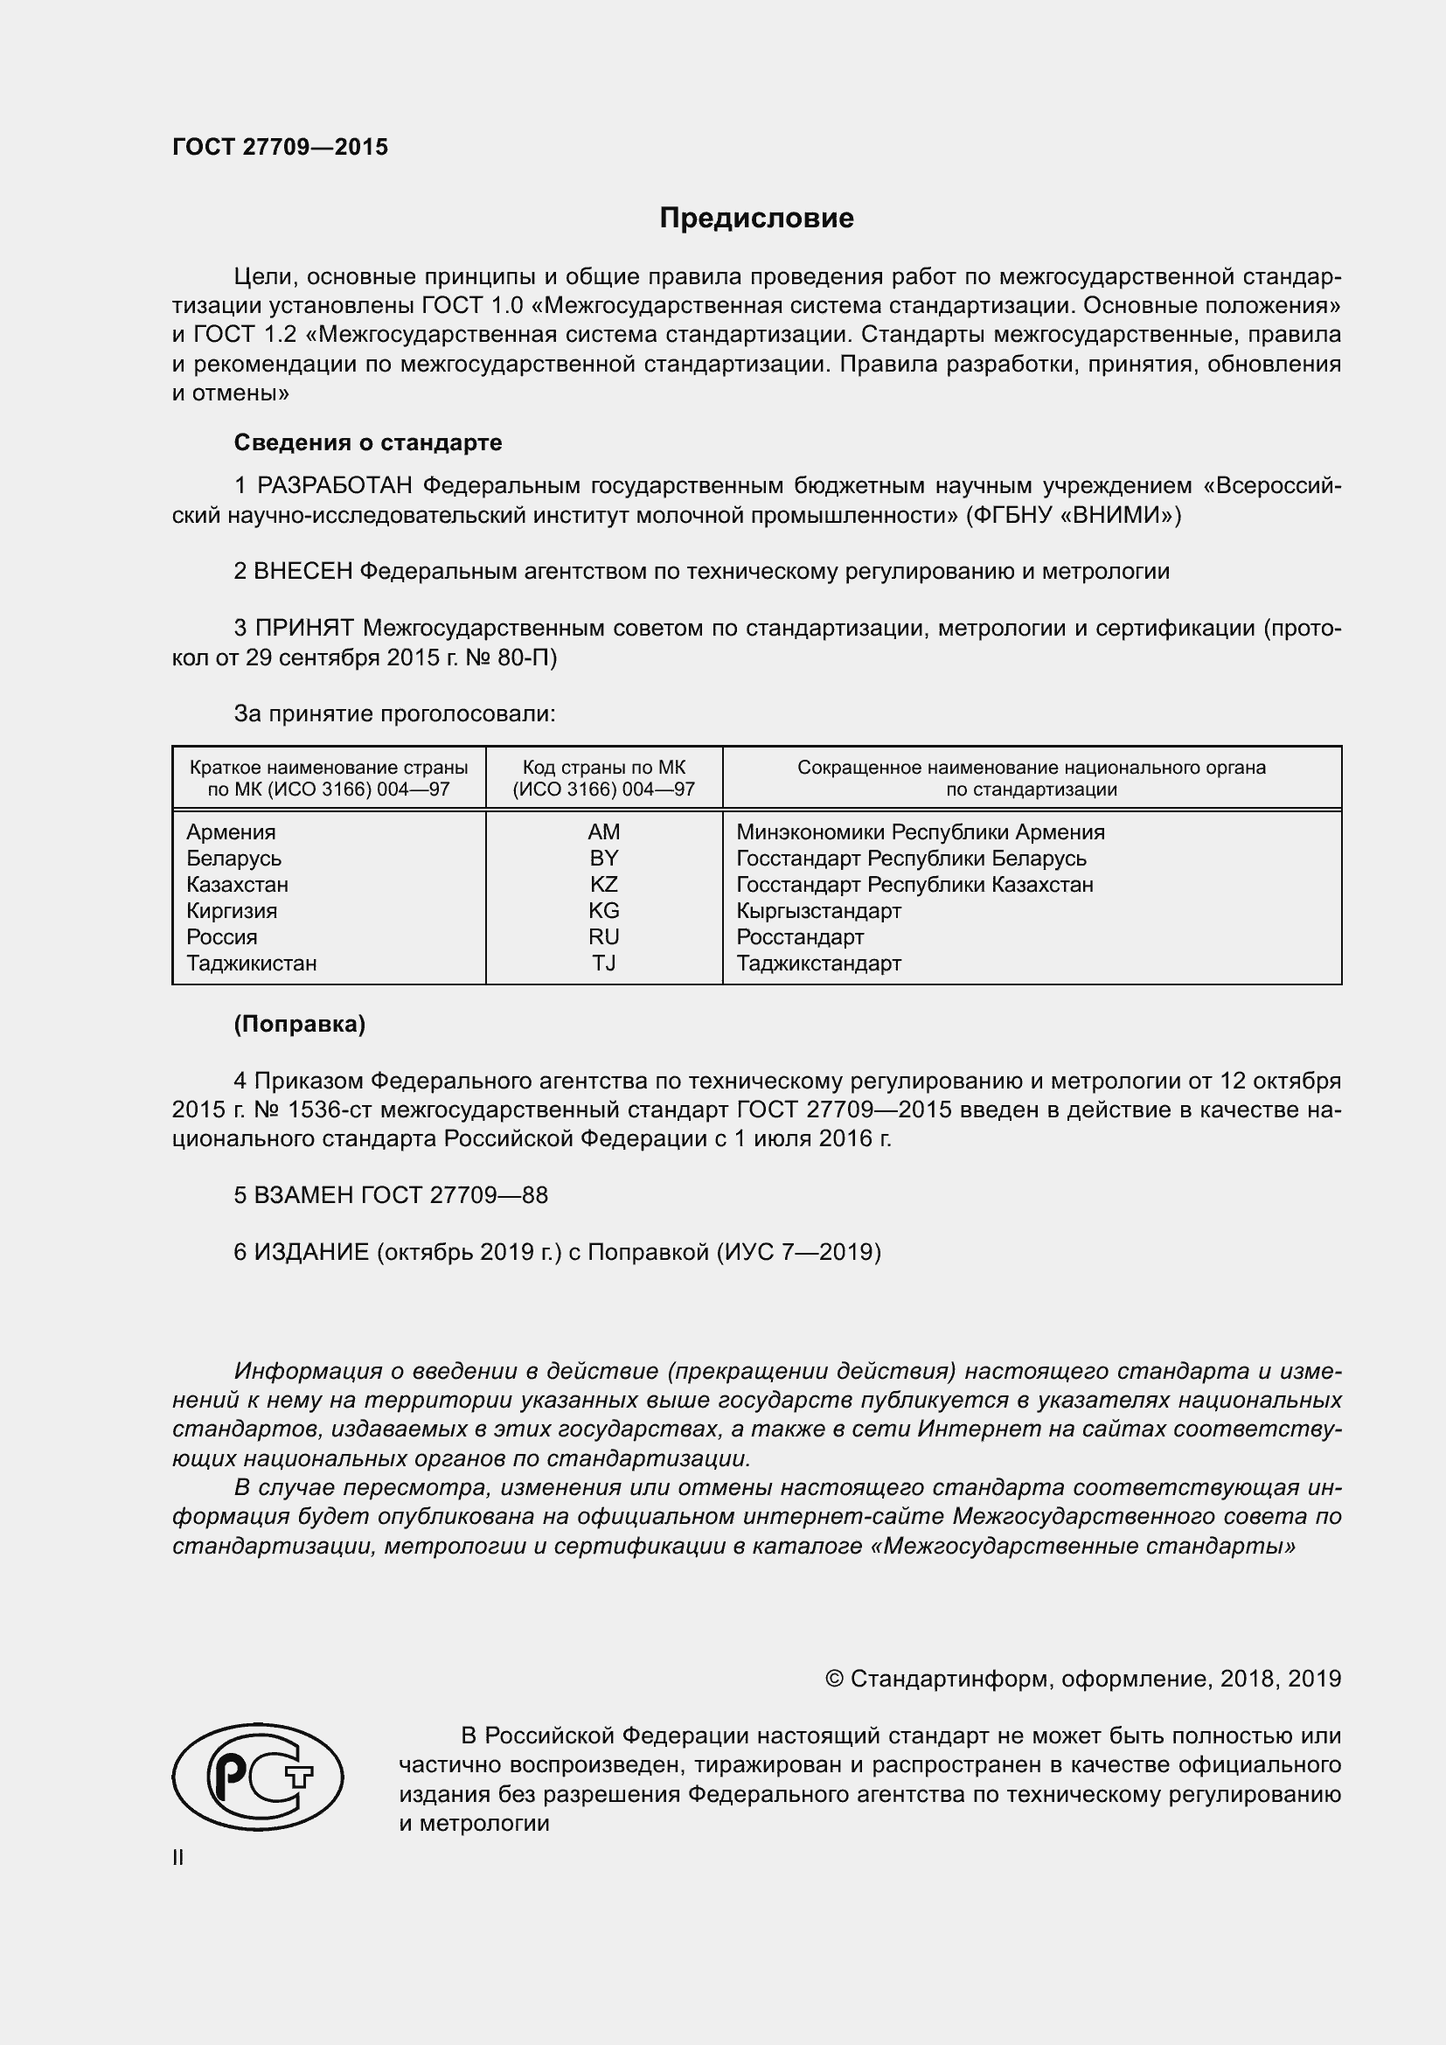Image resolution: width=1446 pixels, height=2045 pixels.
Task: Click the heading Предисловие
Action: (x=756, y=219)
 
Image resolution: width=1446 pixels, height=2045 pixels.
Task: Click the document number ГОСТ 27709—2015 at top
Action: (x=281, y=147)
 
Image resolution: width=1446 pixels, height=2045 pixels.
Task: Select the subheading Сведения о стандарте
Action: (x=368, y=442)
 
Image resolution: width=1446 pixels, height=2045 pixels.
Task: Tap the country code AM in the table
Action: (x=604, y=831)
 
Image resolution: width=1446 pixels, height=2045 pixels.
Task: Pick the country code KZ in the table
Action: (x=604, y=885)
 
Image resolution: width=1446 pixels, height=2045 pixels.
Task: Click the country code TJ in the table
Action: (x=604, y=963)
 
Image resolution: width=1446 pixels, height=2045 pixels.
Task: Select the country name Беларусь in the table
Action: (x=234, y=859)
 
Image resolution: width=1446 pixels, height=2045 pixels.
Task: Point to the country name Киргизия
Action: (x=232, y=911)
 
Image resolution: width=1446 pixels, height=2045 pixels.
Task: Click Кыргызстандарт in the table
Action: (x=818, y=911)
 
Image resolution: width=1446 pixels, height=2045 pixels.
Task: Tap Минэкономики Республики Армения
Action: (x=920, y=831)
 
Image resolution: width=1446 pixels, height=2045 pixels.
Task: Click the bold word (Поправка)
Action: (x=299, y=1025)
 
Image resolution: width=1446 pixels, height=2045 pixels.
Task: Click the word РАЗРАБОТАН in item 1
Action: (x=335, y=486)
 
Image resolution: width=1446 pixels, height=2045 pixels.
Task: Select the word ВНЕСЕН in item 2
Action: (x=303, y=572)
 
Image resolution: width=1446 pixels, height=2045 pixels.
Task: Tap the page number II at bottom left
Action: (x=178, y=1857)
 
